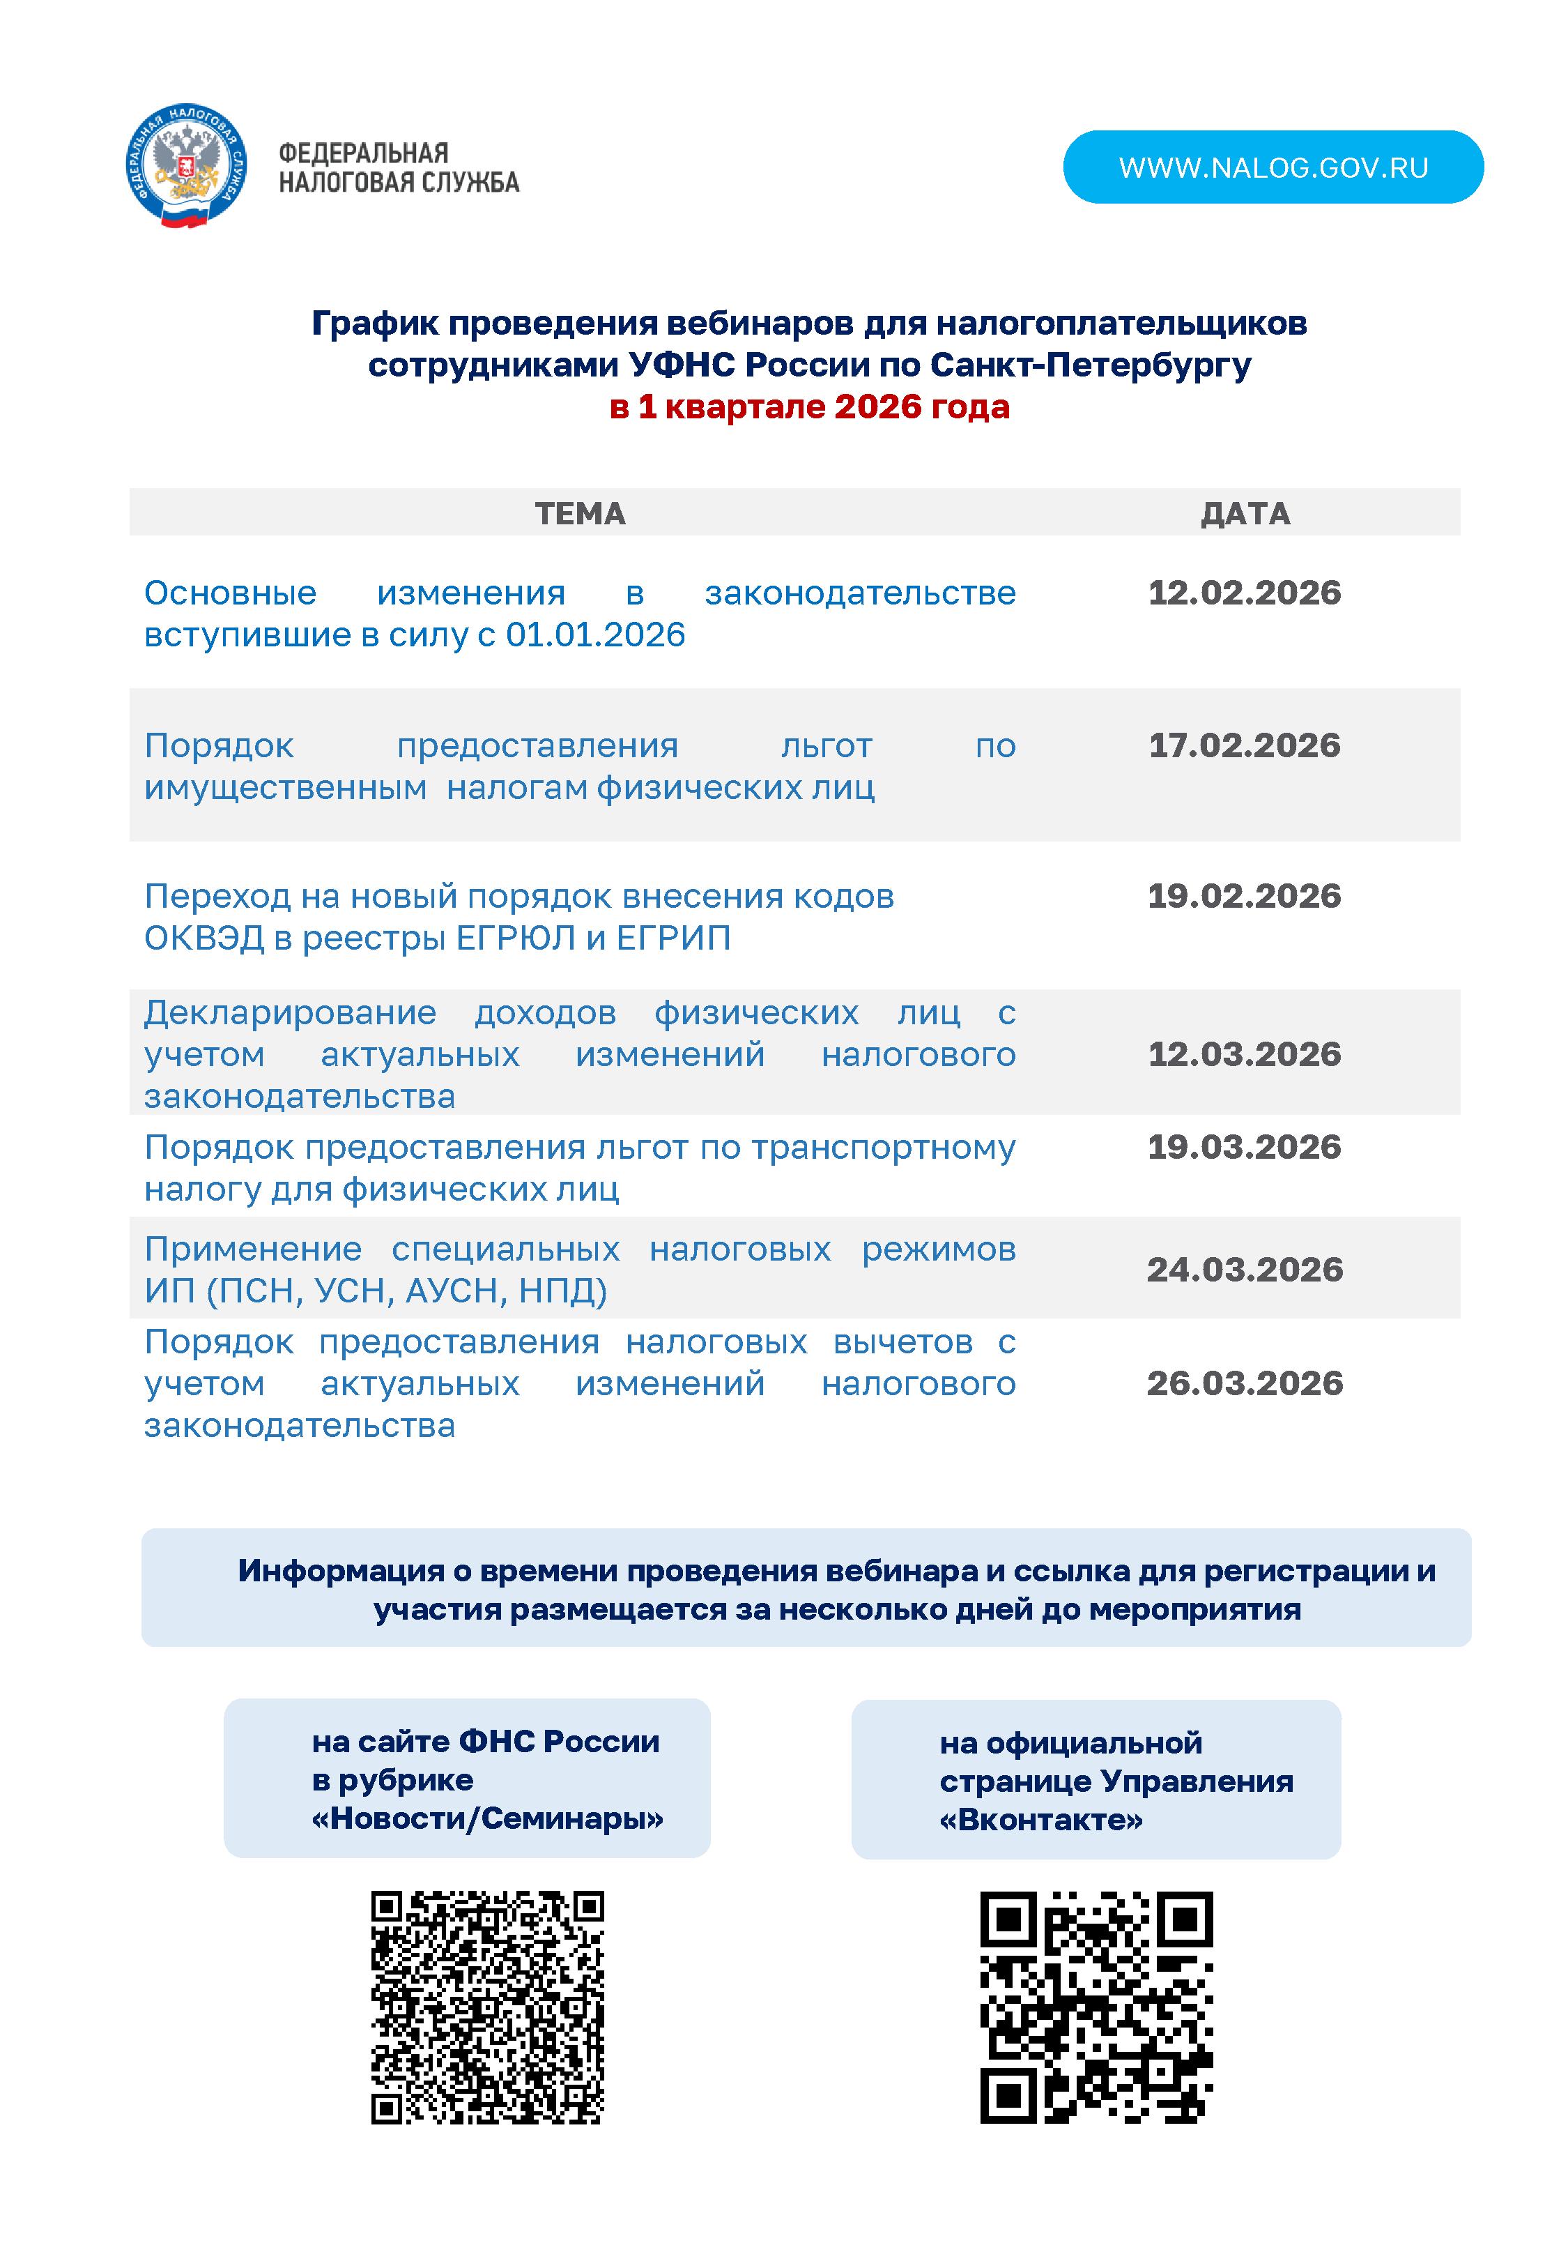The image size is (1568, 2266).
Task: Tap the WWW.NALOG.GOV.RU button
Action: (1273, 167)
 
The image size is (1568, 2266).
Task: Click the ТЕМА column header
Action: (580, 513)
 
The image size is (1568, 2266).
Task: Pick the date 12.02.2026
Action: (1244, 593)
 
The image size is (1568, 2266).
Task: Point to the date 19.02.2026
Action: (1244, 895)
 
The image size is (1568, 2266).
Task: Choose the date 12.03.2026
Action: (1244, 1054)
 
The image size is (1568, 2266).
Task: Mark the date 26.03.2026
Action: (1244, 1383)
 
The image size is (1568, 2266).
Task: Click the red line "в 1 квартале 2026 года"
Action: (810, 406)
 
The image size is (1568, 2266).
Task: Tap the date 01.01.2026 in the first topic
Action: (595, 634)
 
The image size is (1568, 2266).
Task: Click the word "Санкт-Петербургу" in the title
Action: (1091, 365)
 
